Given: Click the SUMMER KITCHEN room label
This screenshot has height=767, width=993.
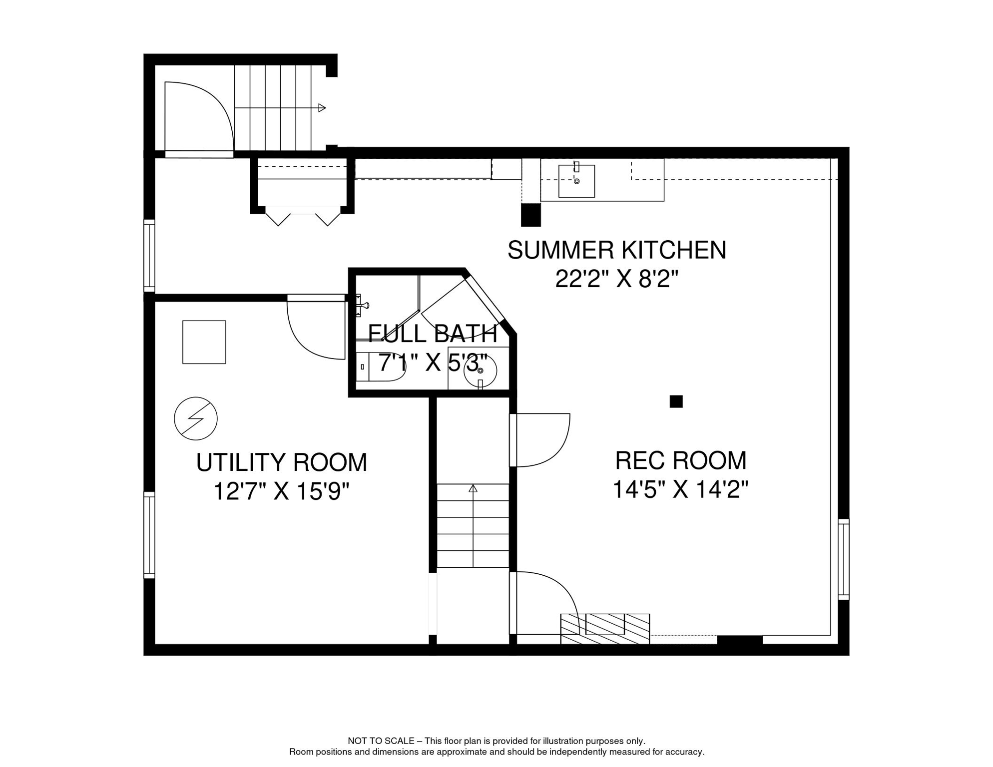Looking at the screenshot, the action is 616,250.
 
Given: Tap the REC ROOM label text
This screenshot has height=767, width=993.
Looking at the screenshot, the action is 680,460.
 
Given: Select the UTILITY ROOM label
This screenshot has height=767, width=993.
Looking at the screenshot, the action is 281,462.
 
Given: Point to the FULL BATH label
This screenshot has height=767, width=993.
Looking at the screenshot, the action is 433,334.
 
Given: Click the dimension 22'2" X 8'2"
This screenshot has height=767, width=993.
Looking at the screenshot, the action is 617,279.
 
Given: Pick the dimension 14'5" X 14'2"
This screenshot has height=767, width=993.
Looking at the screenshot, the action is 680,489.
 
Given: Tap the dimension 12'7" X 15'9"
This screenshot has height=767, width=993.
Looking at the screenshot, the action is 281,491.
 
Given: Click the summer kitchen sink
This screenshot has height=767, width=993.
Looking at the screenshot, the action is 576,180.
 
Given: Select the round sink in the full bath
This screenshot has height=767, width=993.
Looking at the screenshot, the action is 480,370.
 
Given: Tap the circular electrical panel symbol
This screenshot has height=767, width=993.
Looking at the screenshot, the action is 196,418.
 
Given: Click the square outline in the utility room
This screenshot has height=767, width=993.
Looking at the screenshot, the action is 204,342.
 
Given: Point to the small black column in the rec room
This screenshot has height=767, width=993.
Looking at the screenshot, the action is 676,401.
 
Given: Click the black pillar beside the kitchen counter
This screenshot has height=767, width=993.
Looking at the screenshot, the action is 530,215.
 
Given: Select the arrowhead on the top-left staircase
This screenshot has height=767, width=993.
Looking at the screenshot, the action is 322,108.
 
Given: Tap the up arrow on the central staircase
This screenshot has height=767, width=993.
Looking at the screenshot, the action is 473,488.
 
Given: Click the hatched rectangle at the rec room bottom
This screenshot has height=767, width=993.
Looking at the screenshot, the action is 605,629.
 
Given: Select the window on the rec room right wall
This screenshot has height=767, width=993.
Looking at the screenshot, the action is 844,559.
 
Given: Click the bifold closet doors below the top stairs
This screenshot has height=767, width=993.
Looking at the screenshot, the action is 303,216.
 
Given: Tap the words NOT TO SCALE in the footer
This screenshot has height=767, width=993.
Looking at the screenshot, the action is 381,741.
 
